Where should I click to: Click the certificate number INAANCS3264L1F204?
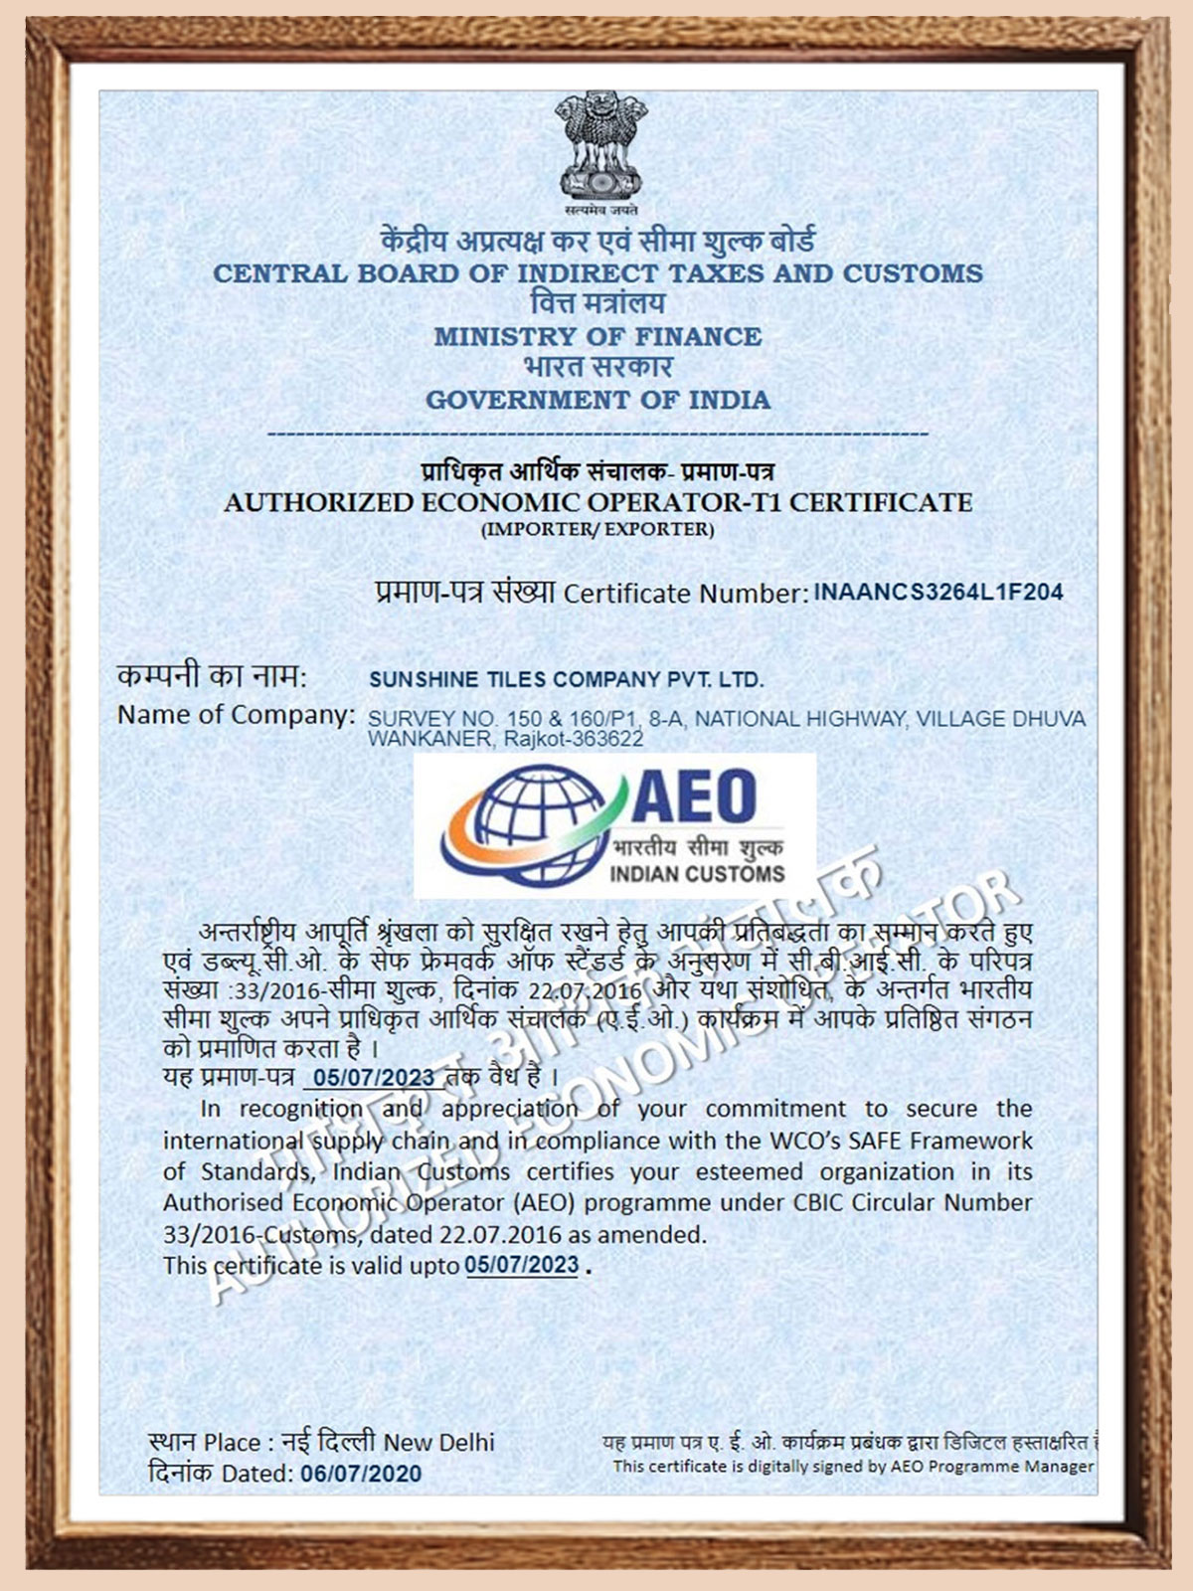click(x=938, y=592)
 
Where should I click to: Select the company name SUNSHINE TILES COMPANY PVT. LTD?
click(x=566, y=680)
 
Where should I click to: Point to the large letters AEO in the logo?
click(x=693, y=797)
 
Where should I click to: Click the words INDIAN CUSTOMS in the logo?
click(x=697, y=874)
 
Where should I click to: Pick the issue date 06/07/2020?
click(x=361, y=1473)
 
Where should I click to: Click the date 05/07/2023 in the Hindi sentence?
click(x=374, y=1078)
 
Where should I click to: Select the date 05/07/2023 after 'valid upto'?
click(x=522, y=1265)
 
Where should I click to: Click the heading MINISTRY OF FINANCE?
click(x=597, y=337)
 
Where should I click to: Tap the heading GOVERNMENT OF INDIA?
click(x=597, y=401)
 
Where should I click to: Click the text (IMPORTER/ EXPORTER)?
click(x=597, y=529)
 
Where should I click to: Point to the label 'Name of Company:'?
click(x=236, y=715)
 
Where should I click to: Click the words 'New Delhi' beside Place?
click(x=439, y=1442)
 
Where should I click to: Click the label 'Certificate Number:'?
click(x=685, y=594)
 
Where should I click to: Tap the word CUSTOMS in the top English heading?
click(x=913, y=273)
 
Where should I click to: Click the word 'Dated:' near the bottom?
click(x=257, y=1473)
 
